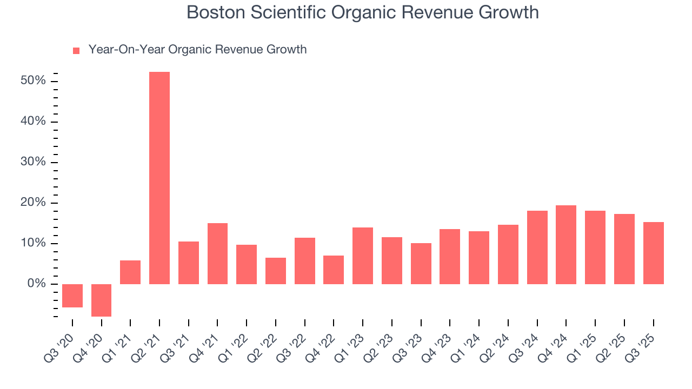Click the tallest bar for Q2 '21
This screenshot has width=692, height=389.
pyautogui.click(x=159, y=178)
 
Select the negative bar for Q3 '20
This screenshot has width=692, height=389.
pyautogui.click(x=72, y=296)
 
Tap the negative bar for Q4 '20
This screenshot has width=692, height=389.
pyautogui.click(x=101, y=300)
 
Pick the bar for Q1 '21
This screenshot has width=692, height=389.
pyautogui.click(x=130, y=272)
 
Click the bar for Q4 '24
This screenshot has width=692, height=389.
pyautogui.click(x=566, y=245)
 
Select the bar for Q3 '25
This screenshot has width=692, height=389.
pyautogui.click(x=653, y=253)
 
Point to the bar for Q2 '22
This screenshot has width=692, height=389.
pyautogui.click(x=275, y=271)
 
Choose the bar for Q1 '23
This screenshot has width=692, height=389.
pyautogui.click(x=363, y=256)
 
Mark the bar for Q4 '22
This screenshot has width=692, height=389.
pyautogui.click(x=334, y=270)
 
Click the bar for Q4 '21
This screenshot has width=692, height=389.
pyautogui.click(x=217, y=253)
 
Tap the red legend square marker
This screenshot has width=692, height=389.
pyautogui.click(x=76, y=50)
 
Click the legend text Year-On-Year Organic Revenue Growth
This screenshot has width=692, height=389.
pyautogui.click(x=197, y=50)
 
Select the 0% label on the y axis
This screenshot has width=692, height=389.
pyautogui.click(x=37, y=284)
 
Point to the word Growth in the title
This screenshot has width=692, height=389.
pyautogui.click(x=510, y=12)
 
